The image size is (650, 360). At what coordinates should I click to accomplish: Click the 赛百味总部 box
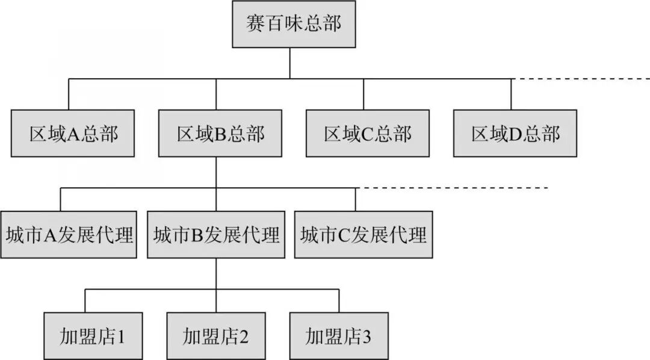(294, 24)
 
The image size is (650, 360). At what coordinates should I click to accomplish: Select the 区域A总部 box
(73, 133)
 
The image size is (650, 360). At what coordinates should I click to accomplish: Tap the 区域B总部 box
(220, 133)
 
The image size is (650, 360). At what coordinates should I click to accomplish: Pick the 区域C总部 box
(367, 133)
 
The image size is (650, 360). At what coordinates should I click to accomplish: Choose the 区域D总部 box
(515, 133)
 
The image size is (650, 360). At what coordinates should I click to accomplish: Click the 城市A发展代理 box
(68, 234)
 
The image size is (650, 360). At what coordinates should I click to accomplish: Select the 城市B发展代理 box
(216, 234)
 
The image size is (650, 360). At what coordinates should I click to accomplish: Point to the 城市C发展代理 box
(363, 234)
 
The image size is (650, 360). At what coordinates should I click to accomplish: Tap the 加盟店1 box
(93, 335)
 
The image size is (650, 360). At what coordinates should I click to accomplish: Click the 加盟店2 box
(216, 335)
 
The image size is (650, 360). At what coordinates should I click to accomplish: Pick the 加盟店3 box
(338, 335)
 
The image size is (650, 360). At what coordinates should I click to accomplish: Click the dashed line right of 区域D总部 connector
(581, 79)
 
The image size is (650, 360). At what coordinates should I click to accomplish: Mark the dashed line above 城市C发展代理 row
(451, 188)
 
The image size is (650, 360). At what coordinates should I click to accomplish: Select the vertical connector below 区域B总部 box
(216, 172)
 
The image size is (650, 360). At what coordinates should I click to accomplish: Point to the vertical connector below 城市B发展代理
(216, 274)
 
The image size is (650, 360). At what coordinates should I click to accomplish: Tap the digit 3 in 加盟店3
(367, 336)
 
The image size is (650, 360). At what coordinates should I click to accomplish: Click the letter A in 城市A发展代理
(51, 235)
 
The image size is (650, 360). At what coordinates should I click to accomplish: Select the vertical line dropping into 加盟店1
(85, 300)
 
